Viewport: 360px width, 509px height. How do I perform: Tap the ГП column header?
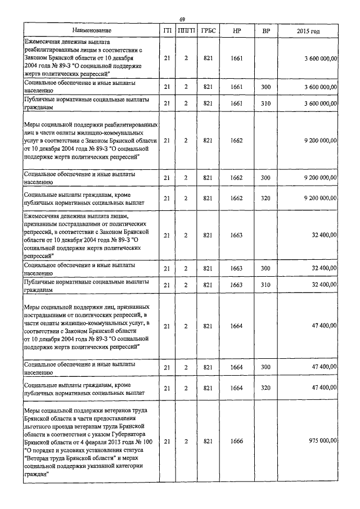166,30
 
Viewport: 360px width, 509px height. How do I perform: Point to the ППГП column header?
185,30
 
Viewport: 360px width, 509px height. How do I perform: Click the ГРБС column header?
208,30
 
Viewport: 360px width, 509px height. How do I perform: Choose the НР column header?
237,30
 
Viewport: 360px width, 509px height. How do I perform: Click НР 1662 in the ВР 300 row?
237,178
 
